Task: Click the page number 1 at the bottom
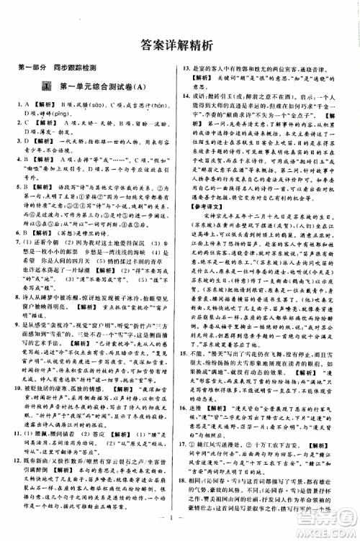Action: (x=179, y=531)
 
